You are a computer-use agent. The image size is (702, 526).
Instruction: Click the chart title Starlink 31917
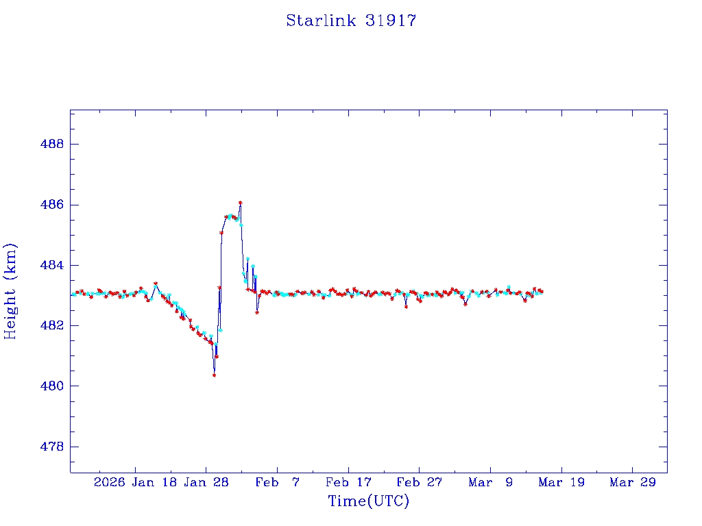[x=351, y=21]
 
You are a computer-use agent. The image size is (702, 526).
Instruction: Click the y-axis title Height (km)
[x=10, y=290]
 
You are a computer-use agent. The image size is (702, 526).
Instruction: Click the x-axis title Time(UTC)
[x=368, y=501]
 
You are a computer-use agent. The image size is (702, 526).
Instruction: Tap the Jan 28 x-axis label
[x=206, y=483]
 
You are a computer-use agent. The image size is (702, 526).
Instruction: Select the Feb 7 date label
[x=277, y=483]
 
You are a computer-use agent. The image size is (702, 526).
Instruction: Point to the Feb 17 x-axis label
[x=348, y=483]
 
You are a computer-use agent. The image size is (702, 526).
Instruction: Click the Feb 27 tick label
[x=419, y=483]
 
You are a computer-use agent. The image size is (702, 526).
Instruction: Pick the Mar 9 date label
[x=490, y=483]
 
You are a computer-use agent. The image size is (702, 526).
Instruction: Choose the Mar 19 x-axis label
[x=561, y=483]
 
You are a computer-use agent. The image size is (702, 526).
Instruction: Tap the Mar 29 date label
[x=632, y=483]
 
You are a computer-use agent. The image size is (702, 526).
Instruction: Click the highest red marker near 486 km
[x=240, y=203]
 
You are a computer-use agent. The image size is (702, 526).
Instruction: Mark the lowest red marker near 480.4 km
[x=215, y=375]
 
